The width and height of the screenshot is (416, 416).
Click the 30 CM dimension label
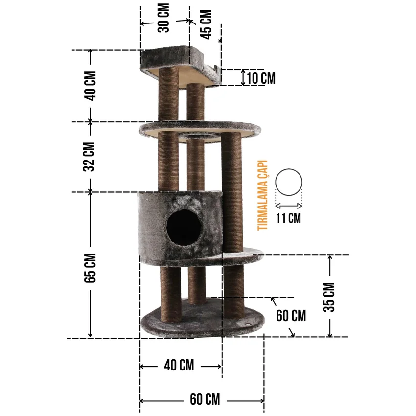pos(163,18)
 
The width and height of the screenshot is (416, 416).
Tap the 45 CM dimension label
pos(206,24)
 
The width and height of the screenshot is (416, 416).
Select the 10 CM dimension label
pos(261,78)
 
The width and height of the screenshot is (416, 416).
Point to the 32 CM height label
pos(90,157)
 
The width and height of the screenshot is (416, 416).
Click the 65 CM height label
pos(90,268)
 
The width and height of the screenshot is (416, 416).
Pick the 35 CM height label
pos(329,297)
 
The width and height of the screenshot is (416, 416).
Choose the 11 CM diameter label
pos(289,218)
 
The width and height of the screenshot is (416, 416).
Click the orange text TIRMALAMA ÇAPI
pos(263,195)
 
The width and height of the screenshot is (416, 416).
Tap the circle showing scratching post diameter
pos(289,169)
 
